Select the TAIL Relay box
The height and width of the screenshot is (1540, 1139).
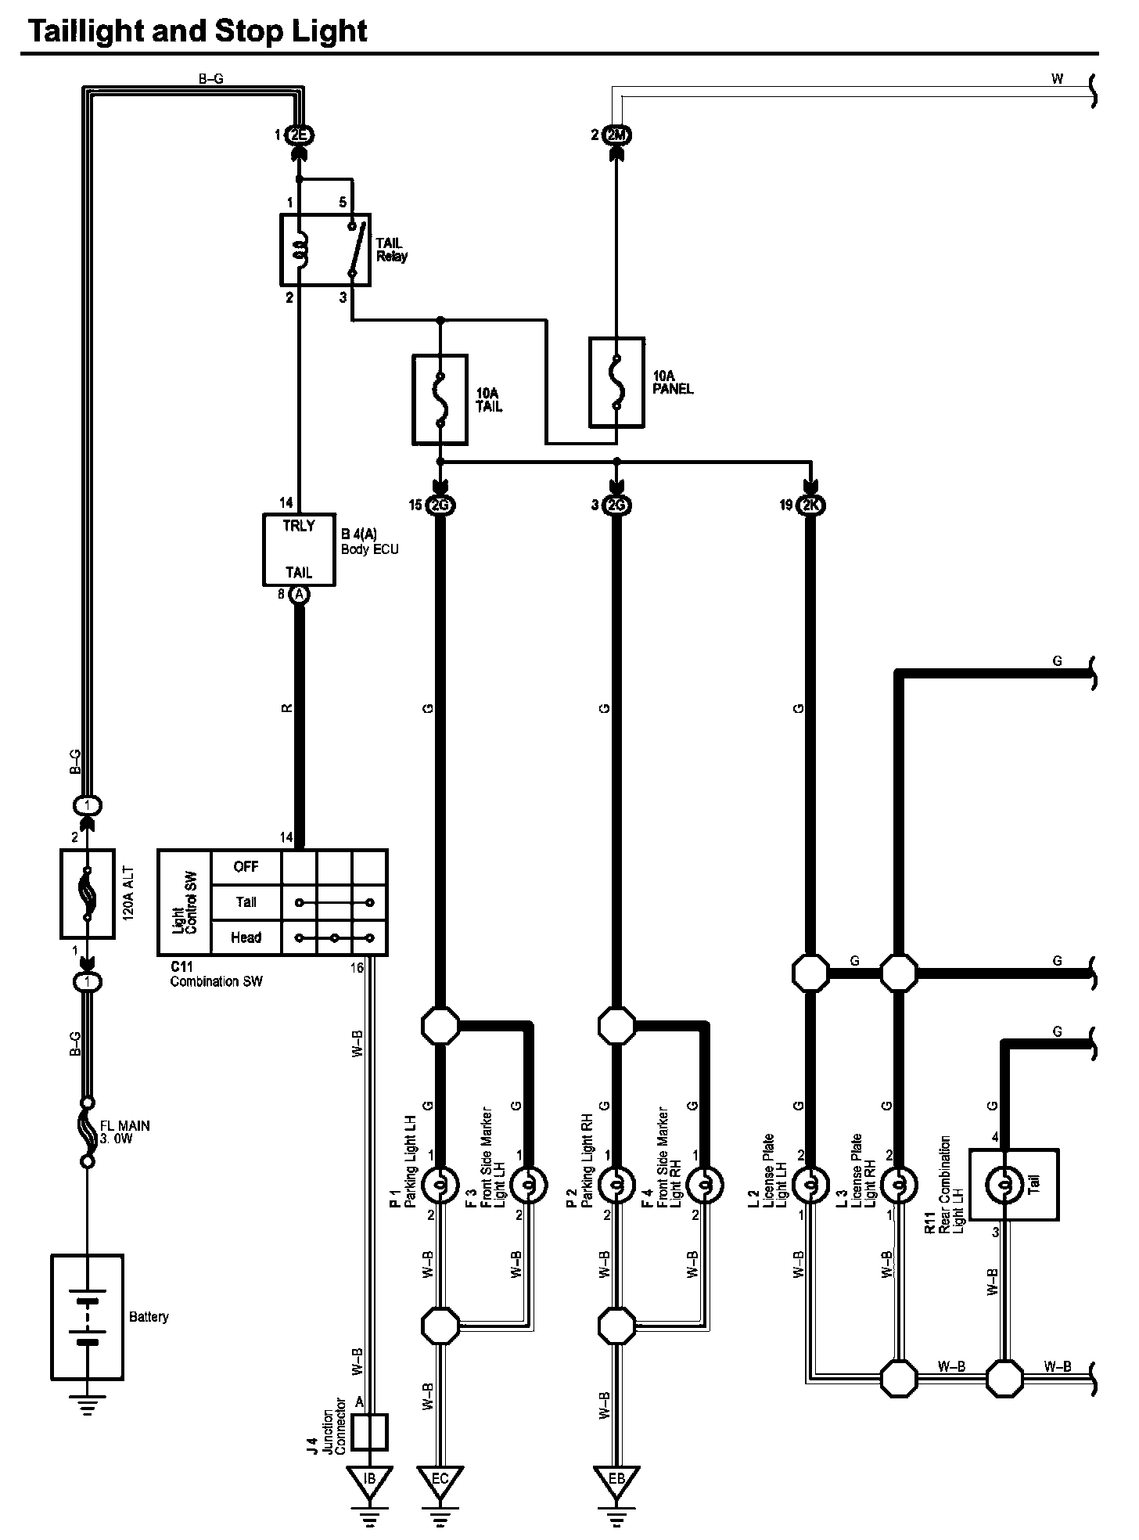(x=325, y=250)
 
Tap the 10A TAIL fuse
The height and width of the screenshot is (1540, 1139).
(x=440, y=400)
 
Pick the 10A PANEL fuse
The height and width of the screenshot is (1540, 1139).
(x=616, y=383)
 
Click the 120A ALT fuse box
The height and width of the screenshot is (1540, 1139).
(x=88, y=893)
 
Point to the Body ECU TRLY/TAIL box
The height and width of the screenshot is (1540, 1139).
(x=299, y=549)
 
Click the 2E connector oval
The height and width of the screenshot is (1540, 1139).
(x=299, y=135)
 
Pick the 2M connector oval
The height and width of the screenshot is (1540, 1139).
(x=617, y=135)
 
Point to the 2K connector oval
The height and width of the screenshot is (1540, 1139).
(x=810, y=506)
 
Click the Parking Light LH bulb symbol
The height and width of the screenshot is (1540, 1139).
(x=440, y=1186)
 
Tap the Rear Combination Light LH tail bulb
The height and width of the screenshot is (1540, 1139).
(x=1005, y=1186)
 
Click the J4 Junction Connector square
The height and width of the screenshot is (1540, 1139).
(x=371, y=1431)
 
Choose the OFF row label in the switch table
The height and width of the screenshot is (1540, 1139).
(x=246, y=867)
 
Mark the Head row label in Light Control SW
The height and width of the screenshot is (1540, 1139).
(x=246, y=937)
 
